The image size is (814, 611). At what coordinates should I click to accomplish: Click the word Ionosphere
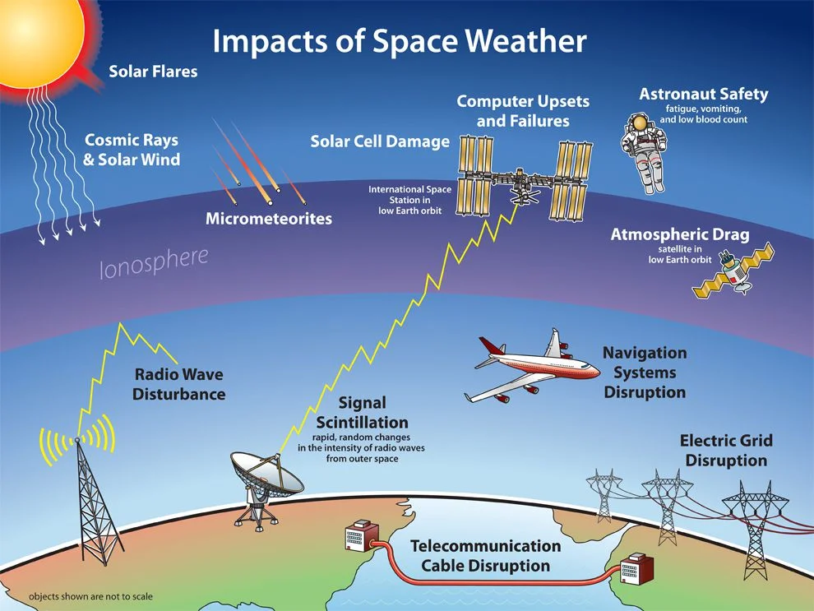click(154, 262)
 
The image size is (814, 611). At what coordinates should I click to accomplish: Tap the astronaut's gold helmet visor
click(640, 123)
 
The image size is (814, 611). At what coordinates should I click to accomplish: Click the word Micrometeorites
click(269, 219)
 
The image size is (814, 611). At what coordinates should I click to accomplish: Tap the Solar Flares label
click(153, 71)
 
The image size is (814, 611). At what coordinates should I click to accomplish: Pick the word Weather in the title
click(525, 40)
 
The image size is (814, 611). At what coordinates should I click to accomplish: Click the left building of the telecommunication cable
click(361, 535)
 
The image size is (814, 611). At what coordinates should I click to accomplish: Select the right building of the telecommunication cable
click(636, 569)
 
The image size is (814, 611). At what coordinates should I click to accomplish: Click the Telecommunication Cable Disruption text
click(485, 555)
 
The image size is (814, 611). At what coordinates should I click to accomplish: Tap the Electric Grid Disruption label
click(726, 450)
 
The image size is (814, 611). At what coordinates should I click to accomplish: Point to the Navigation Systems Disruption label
click(645, 373)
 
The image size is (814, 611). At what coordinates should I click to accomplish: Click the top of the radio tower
click(77, 440)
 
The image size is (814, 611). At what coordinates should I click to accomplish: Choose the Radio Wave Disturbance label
click(178, 384)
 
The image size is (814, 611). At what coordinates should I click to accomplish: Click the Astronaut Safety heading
click(704, 94)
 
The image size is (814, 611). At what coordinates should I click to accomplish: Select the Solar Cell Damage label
click(380, 141)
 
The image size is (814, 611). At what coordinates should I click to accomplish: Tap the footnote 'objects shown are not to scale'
click(90, 596)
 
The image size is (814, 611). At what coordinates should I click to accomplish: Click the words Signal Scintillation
click(363, 412)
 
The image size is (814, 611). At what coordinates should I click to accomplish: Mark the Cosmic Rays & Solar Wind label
click(132, 150)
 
